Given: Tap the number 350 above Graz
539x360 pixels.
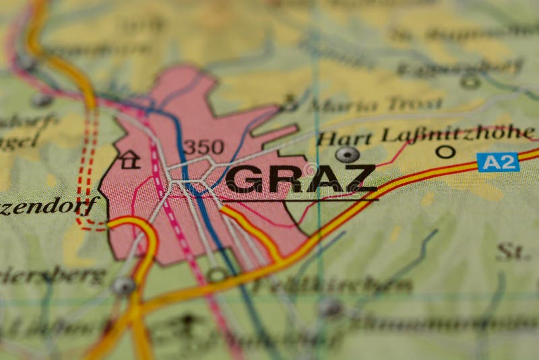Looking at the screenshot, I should (x=203, y=147).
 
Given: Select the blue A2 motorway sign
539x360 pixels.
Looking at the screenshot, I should (x=498, y=162).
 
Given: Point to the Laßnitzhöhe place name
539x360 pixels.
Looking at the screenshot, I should (x=458, y=133).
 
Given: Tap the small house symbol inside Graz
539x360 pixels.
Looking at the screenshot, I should (x=129, y=160).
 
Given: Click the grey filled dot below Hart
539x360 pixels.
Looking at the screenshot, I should (x=347, y=155).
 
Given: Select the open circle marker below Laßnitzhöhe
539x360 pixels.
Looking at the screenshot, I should (x=445, y=152).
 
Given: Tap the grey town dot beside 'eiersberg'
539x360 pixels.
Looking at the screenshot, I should (x=123, y=286).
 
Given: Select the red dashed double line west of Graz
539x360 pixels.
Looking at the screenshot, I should (x=86, y=169).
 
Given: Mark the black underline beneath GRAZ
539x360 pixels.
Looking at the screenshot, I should (x=300, y=200).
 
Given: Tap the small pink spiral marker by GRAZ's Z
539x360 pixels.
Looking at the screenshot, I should (x=310, y=169).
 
